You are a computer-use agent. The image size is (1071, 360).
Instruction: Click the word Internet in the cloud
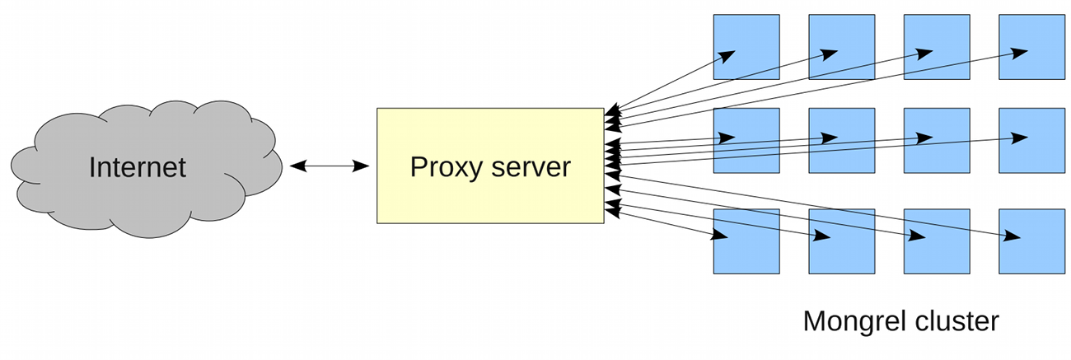pyautogui.click(x=138, y=167)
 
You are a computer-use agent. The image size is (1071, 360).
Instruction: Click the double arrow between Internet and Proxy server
pyautogui.click(x=330, y=166)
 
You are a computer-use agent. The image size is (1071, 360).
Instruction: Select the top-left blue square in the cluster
pyautogui.click(x=746, y=47)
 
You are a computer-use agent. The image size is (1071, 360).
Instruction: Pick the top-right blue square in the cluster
pyautogui.click(x=1031, y=47)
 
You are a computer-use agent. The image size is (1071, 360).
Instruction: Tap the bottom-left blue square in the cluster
pyautogui.click(x=746, y=241)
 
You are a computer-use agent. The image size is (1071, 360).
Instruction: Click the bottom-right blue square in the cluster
pyautogui.click(x=1031, y=241)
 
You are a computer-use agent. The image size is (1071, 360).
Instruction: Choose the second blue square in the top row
pyautogui.click(x=841, y=47)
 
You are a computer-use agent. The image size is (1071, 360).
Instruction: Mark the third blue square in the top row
pyautogui.click(x=937, y=47)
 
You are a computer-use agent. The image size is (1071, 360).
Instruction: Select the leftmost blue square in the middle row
pyautogui.click(x=746, y=141)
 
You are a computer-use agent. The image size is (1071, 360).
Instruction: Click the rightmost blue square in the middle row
pyautogui.click(x=1031, y=141)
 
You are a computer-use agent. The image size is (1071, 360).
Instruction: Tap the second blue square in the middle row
pyautogui.click(x=841, y=141)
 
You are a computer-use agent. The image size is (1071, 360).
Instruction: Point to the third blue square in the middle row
pyautogui.click(x=937, y=141)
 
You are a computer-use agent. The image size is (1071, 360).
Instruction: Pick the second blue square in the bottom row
pyautogui.click(x=841, y=241)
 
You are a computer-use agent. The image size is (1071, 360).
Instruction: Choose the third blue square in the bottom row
pyautogui.click(x=937, y=241)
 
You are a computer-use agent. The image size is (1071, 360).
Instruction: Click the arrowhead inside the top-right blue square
pyautogui.click(x=1020, y=52)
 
